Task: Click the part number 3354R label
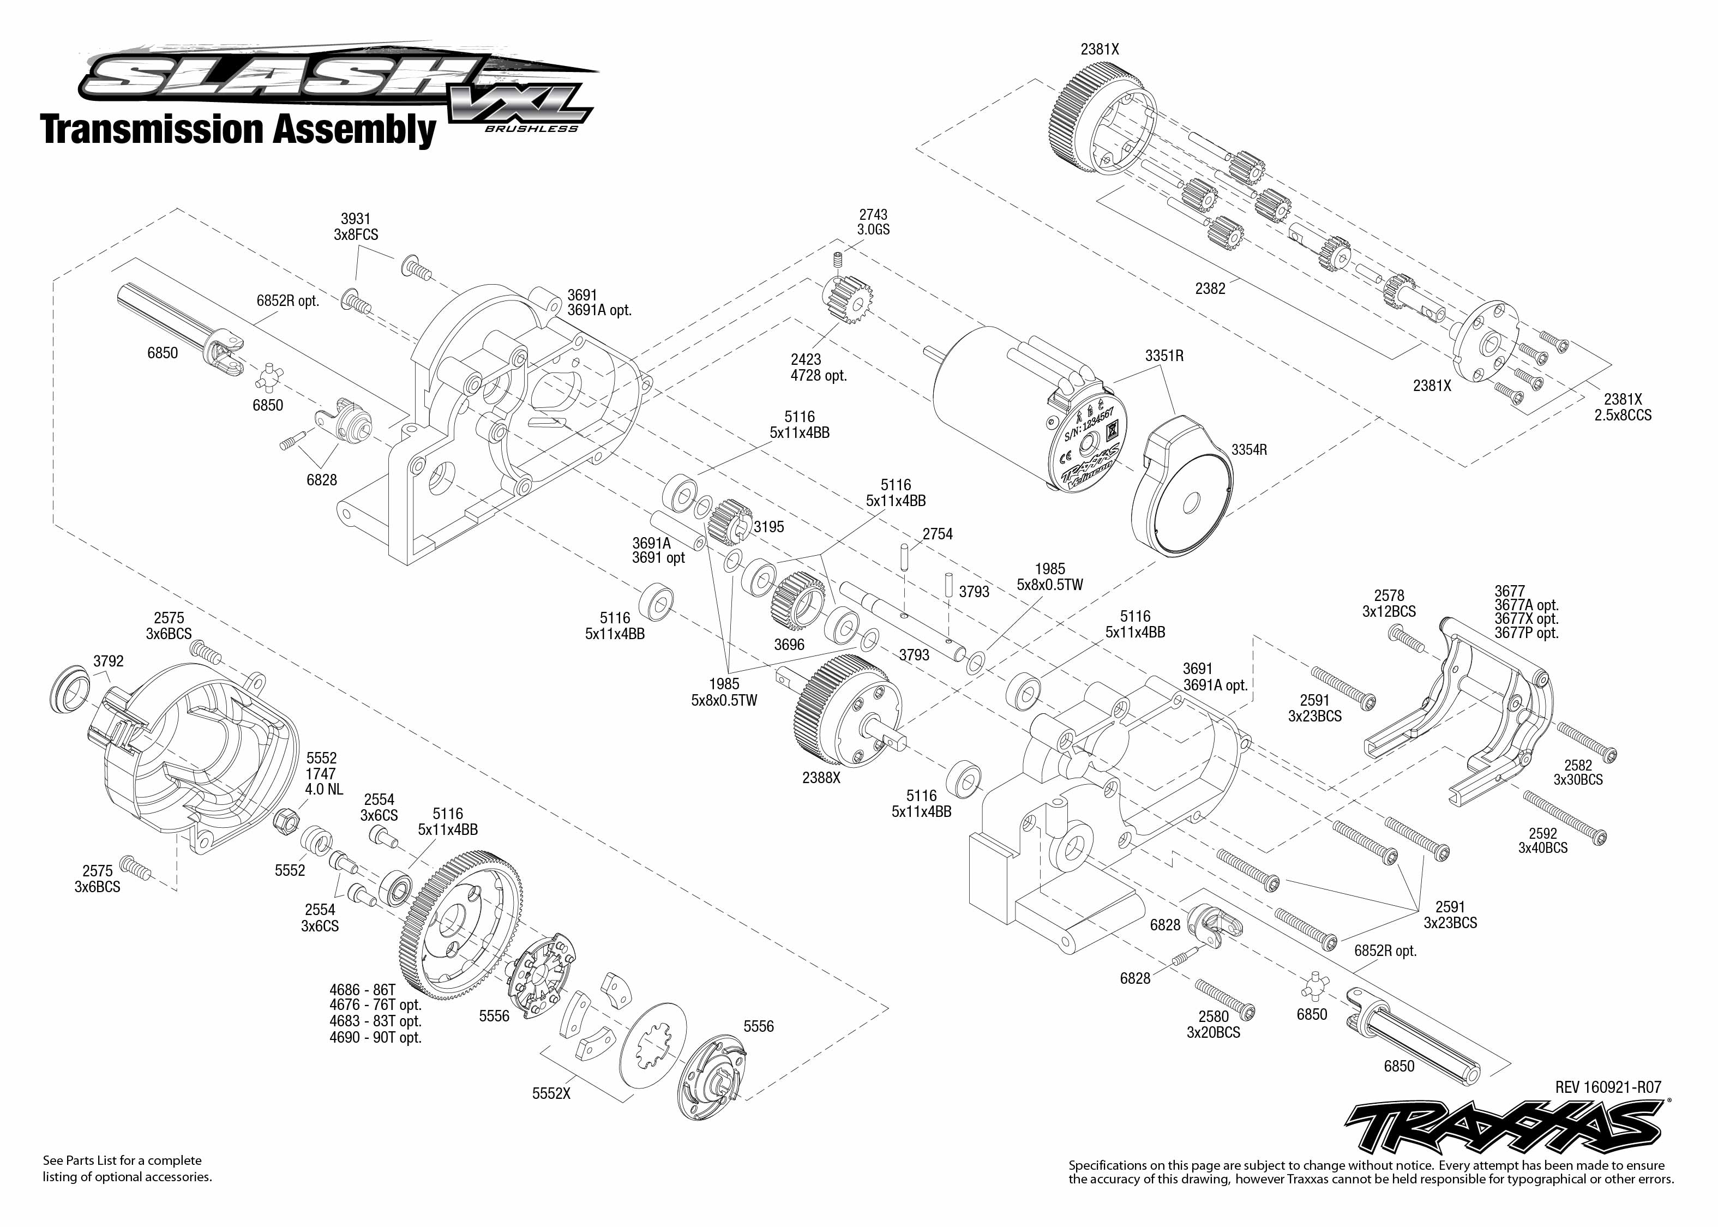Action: [1249, 449]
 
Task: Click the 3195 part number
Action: [769, 527]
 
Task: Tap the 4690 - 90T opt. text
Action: [375, 1037]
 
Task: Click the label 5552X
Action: [551, 1093]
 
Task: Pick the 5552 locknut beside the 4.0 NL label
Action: [287, 818]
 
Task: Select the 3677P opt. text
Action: [1526, 633]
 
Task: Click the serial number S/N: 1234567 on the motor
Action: [1089, 426]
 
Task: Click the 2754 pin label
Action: [937, 534]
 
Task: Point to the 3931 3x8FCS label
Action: [355, 227]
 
